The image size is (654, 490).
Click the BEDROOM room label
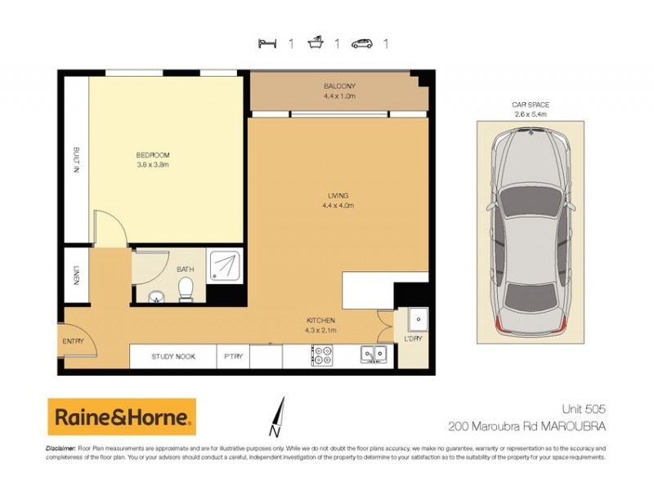coord(153,155)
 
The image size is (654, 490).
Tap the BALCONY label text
coord(340,87)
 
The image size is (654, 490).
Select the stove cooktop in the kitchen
coord(322,356)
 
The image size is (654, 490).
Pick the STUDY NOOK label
coord(173,357)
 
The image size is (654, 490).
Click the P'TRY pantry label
coord(232,357)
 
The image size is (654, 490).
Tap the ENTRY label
coord(72,341)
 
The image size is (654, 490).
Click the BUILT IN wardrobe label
coord(75,163)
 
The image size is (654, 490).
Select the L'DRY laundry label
coord(412,338)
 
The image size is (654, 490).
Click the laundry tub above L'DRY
coord(414,317)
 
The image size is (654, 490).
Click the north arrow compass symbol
coord(278,416)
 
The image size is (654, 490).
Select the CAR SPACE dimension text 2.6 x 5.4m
coord(530,114)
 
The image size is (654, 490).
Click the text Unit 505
coord(582,408)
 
